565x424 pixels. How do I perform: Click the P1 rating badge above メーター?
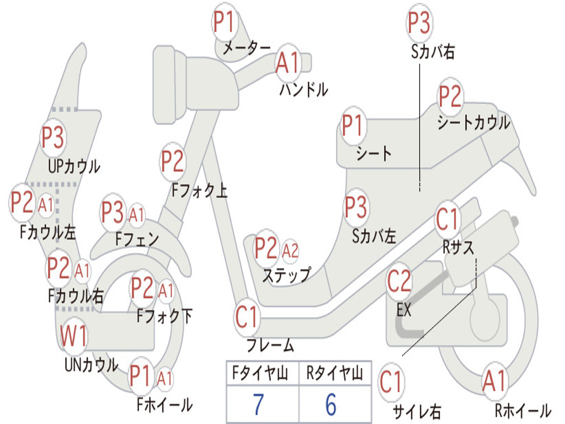224,24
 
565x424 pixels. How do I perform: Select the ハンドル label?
303,89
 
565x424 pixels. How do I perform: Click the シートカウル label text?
473,123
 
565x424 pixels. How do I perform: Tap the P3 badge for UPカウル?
53,138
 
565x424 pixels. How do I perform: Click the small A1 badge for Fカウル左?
46,205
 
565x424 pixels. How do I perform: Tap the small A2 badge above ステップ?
290,250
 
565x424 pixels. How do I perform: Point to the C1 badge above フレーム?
247,318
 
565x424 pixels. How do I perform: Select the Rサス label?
459,248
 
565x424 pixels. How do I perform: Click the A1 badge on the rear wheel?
494,381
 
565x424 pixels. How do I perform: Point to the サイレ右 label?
417,411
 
